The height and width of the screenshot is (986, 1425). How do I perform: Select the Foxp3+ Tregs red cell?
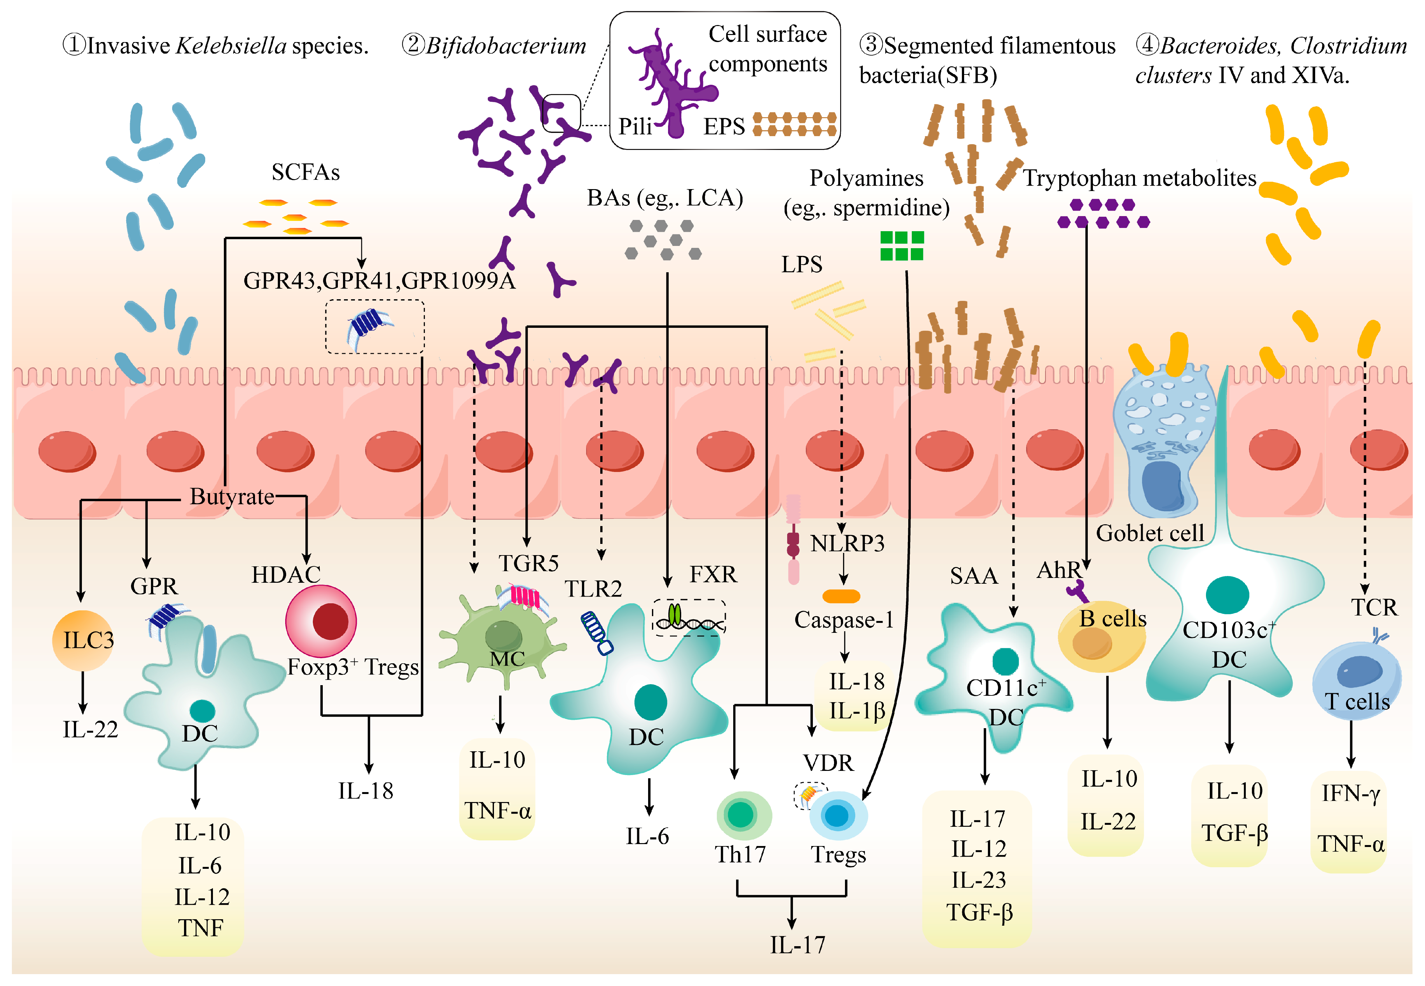click(321, 621)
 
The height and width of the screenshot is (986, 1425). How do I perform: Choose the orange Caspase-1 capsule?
click(841, 596)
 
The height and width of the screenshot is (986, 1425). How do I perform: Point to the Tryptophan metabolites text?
click(1139, 178)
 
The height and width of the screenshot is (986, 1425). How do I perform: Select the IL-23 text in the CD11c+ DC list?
click(978, 880)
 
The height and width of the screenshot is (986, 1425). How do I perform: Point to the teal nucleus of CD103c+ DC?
click(1227, 594)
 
